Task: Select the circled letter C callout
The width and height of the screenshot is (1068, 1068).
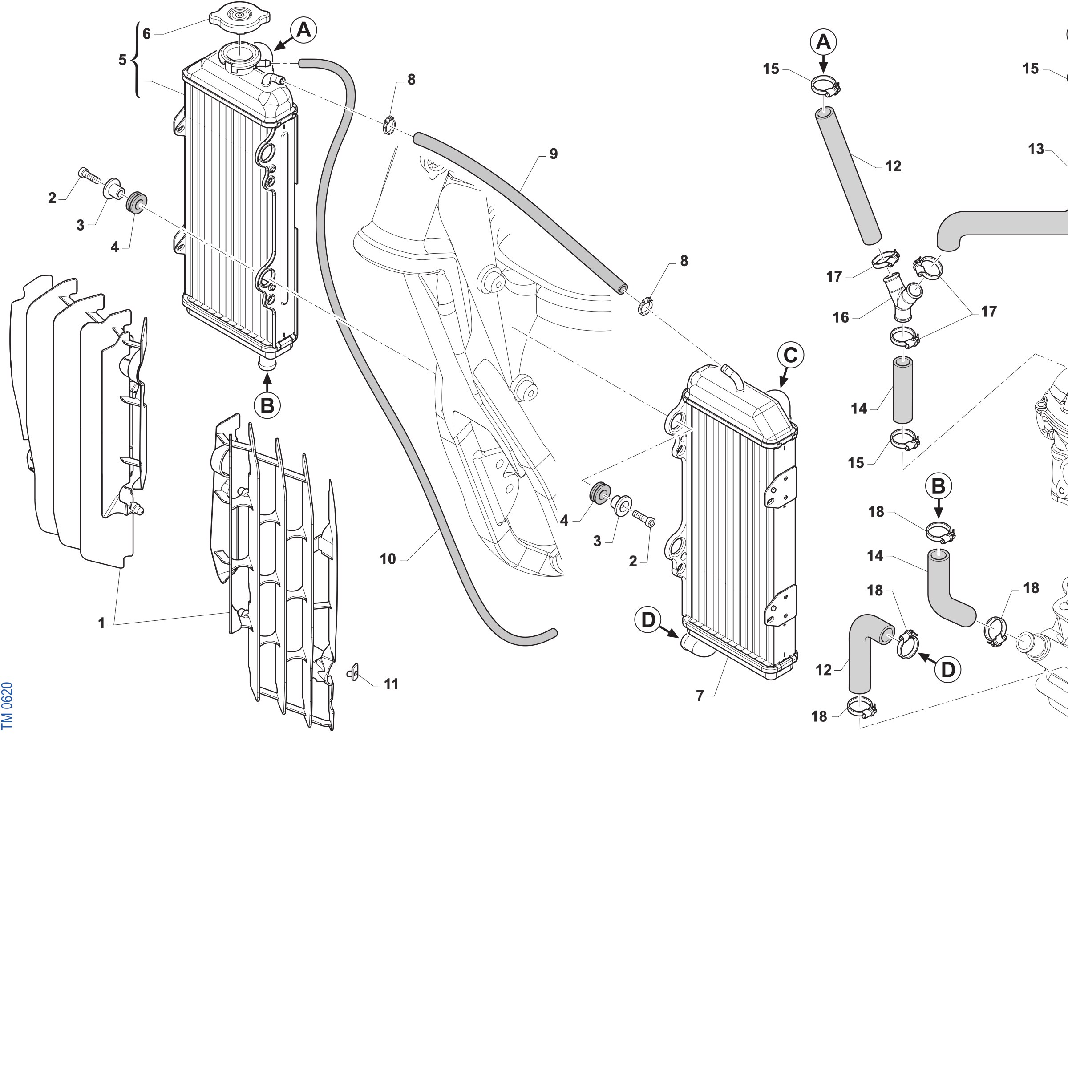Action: [790, 356]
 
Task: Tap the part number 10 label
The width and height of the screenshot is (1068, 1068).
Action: [388, 559]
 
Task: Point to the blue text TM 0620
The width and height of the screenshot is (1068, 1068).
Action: [7, 706]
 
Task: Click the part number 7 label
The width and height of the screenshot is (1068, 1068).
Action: [700, 696]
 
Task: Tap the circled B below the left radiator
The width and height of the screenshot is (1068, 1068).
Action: [267, 405]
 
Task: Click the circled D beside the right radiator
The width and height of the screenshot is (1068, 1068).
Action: [648, 620]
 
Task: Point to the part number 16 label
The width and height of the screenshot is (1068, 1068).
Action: [841, 317]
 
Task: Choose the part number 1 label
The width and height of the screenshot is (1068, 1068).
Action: [101, 623]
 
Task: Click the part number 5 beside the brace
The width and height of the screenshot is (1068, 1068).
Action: [122, 60]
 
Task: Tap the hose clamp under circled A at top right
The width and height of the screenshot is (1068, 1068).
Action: [826, 86]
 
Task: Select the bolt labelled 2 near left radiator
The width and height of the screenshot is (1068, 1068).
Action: [89, 176]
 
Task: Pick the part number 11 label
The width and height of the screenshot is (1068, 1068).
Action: [392, 684]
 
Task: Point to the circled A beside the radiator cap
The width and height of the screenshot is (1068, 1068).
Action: [303, 30]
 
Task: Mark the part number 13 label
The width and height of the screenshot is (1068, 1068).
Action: [1036, 149]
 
